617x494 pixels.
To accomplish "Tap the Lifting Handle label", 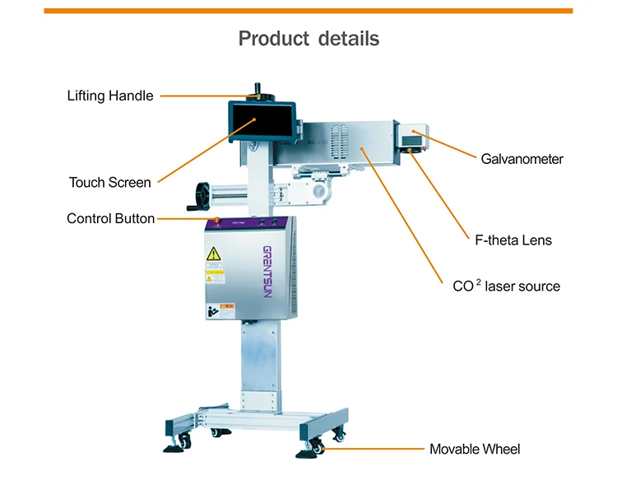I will click(110, 96).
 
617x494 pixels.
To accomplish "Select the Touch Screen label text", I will click(110, 183).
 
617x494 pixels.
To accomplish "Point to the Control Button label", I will click(110, 219).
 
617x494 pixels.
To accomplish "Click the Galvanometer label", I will click(522, 159).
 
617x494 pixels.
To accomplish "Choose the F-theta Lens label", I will click(513, 240).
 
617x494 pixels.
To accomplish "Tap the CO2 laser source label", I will click(506, 287).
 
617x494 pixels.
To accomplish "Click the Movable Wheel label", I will click(475, 450).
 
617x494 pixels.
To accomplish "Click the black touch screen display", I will click(257, 121).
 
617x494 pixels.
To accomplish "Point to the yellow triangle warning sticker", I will click(214, 254).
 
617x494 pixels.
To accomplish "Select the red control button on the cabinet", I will click(217, 220).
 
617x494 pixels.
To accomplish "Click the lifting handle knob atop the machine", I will click(257, 88).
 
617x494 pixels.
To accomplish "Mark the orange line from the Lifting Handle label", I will click(206, 96).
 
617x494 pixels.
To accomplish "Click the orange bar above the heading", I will click(308, 11).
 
